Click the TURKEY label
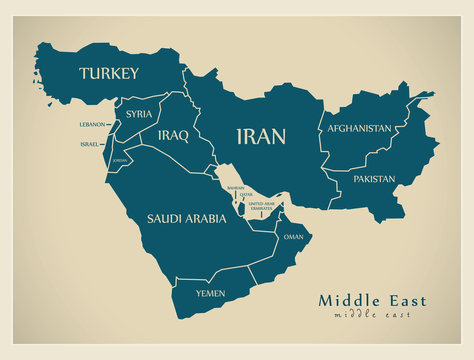pyautogui.click(x=109, y=73)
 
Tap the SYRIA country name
pyautogui.click(x=139, y=114)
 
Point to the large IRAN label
pyautogui.click(x=260, y=137)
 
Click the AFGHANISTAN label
pyautogui.click(x=359, y=129)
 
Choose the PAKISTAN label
pyautogui.click(x=374, y=179)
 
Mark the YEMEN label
pyautogui.click(x=210, y=293)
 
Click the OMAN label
pyautogui.click(x=293, y=237)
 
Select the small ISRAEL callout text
pyautogui.click(x=90, y=144)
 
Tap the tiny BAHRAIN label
pyautogui.click(x=235, y=187)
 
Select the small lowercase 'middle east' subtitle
pyautogui.click(x=372, y=315)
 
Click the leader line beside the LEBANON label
pyautogui.click(x=109, y=125)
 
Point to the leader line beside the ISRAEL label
pyautogui.click(x=105, y=144)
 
